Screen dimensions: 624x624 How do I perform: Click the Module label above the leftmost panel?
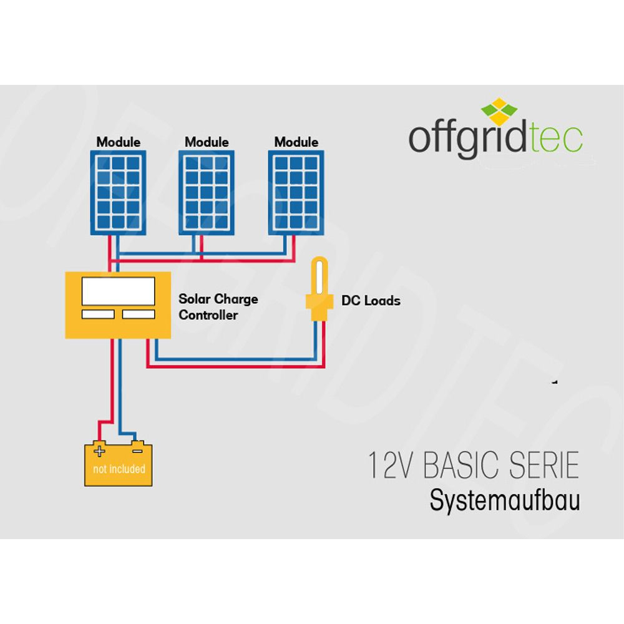(x=118, y=142)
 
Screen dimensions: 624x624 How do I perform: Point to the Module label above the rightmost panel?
(x=296, y=142)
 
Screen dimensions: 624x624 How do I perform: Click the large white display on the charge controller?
(x=119, y=290)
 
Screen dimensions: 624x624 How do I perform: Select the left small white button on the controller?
(x=98, y=314)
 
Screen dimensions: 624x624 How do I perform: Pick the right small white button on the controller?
(x=139, y=314)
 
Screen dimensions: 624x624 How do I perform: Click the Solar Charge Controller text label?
(x=218, y=306)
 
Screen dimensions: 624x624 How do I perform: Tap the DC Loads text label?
(x=371, y=301)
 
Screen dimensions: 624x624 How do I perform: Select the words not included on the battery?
(x=119, y=469)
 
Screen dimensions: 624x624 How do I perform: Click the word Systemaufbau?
(x=504, y=501)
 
